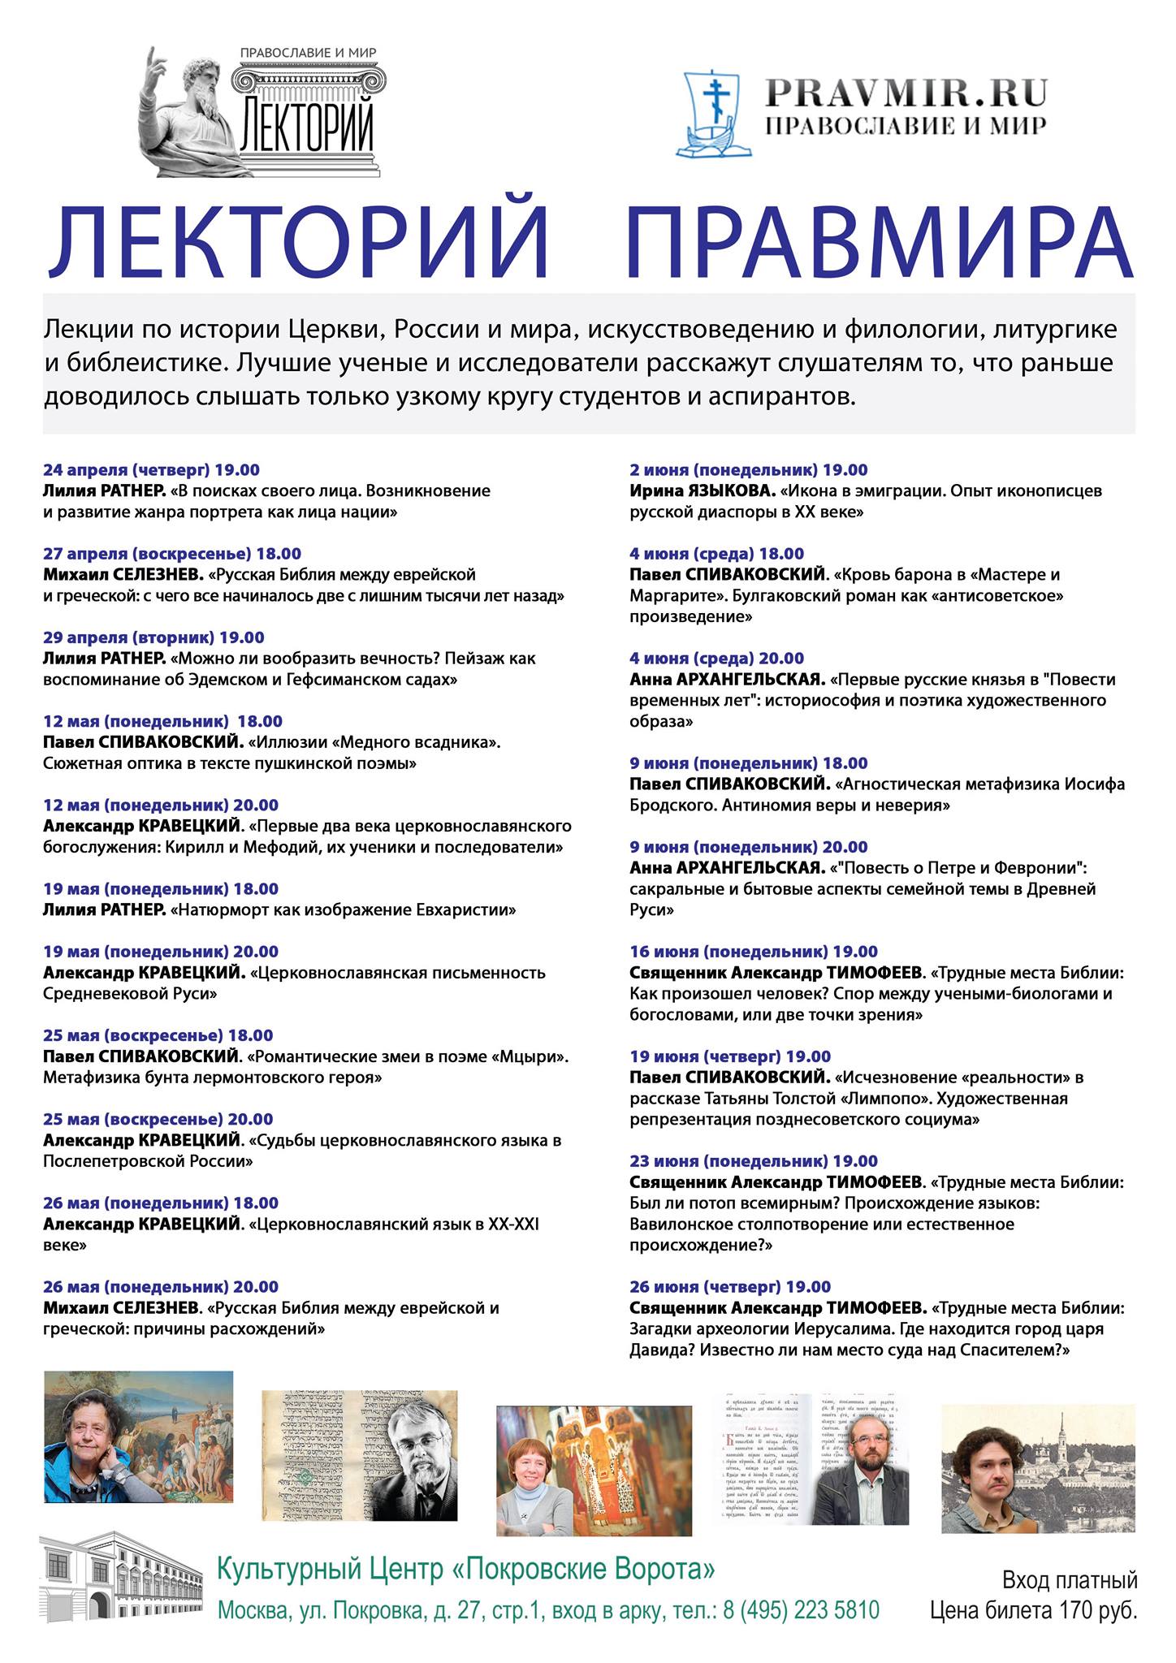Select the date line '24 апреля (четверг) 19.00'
(x=151, y=470)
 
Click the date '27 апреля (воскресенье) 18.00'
(x=171, y=554)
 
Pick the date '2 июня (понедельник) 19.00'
(x=748, y=470)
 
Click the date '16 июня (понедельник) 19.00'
(x=753, y=952)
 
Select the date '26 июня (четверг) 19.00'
(x=730, y=1287)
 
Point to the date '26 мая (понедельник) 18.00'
(x=160, y=1203)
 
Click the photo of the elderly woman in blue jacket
(x=138, y=1438)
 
